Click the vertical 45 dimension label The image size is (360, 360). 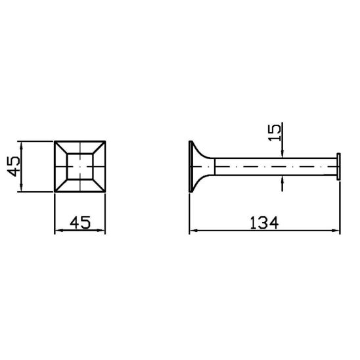14,166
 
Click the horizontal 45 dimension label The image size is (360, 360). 80,223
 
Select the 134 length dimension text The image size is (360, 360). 264,223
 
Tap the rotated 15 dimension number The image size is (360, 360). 275,133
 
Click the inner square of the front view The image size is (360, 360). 80,166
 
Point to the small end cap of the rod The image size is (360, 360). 338,166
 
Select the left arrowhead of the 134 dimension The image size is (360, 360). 194,231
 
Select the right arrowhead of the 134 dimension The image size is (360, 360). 336,231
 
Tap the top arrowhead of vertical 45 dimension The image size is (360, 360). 22,146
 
